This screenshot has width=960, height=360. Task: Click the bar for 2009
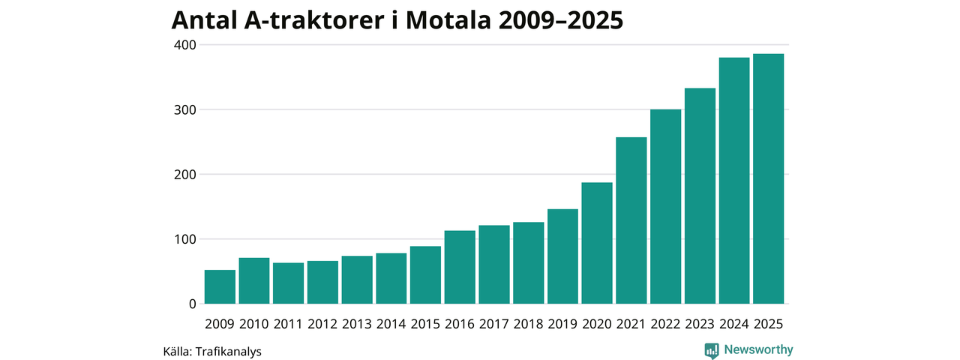click(x=220, y=286)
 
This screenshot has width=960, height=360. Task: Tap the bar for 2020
click(x=597, y=243)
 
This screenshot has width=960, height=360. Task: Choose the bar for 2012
click(x=322, y=282)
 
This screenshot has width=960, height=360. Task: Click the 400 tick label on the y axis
click(x=185, y=45)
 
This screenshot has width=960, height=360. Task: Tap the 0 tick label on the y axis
click(x=191, y=304)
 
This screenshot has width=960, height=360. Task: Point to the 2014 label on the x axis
click(x=391, y=324)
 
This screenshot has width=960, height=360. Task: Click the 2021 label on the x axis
click(x=631, y=324)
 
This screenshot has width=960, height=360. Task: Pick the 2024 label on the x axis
click(x=733, y=324)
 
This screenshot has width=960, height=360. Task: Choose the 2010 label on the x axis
click(x=253, y=324)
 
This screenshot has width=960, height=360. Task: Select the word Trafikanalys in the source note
click(x=228, y=350)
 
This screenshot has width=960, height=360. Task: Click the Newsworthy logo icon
click(x=712, y=349)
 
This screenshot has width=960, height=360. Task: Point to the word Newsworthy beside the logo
click(x=758, y=349)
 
